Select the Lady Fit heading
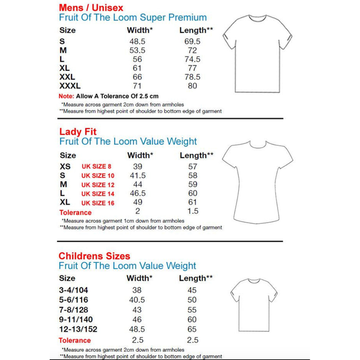(77, 131)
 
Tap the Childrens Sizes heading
(94, 256)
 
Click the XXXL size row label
(70, 86)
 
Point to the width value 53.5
(137, 50)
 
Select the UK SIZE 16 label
(98, 203)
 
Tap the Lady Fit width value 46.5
(137, 194)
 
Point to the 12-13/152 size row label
(79, 329)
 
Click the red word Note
(66, 96)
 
